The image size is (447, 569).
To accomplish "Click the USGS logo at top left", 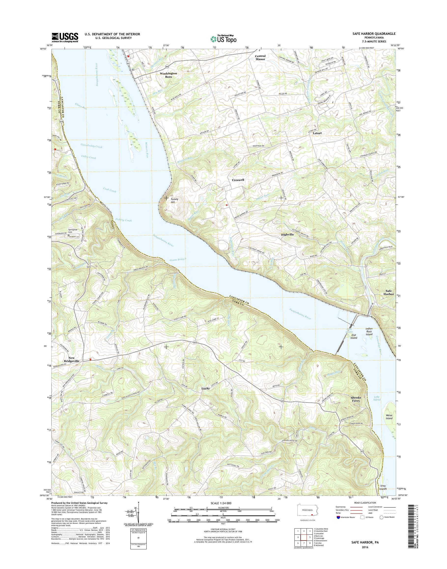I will click(65, 38).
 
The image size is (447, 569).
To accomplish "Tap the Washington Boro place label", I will click(168, 75).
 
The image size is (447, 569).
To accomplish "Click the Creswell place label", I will click(238, 180).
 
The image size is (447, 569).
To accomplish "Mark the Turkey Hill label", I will click(174, 201).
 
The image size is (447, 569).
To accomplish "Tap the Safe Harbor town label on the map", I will click(388, 292).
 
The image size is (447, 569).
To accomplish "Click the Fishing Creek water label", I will click(124, 220).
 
